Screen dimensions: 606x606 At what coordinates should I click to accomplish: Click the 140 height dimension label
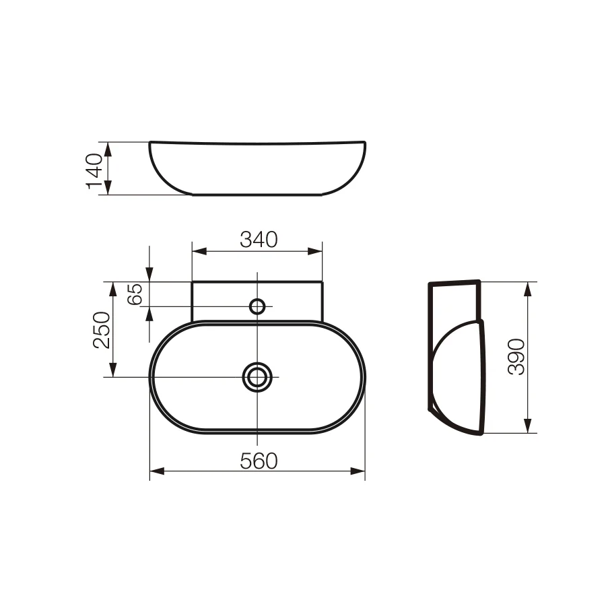(94, 171)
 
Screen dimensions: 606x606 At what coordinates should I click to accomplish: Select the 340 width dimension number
(259, 240)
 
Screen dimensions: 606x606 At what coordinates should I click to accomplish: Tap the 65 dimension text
(135, 294)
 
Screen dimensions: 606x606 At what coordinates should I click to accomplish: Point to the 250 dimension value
(102, 330)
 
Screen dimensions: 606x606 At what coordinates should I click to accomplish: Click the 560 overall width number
(259, 461)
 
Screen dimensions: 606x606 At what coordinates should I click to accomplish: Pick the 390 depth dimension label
(516, 357)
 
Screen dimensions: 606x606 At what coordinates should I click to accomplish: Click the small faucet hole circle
(257, 306)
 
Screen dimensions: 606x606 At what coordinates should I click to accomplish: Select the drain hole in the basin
(257, 377)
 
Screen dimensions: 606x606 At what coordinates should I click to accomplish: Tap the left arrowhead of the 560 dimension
(157, 471)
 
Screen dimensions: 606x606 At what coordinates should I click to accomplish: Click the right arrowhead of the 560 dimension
(358, 471)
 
